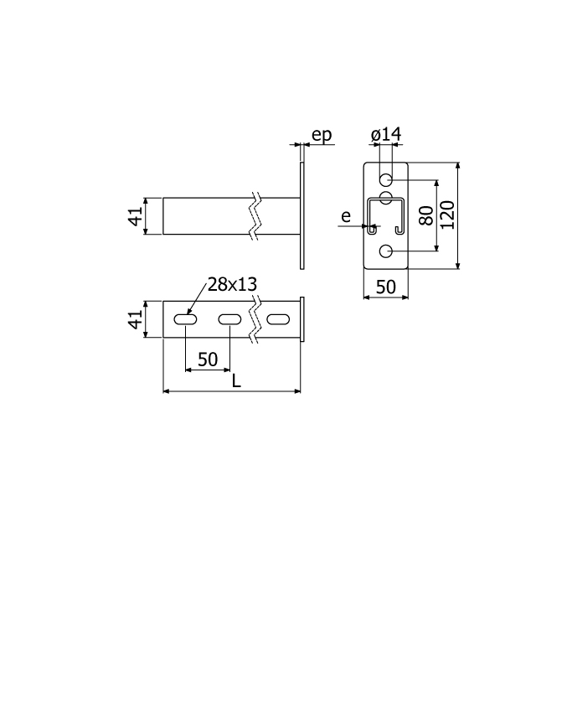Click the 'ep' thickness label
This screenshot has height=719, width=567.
[x=322, y=135]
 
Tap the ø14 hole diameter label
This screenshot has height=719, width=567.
[x=386, y=134]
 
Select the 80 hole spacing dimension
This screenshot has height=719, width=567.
[x=426, y=215]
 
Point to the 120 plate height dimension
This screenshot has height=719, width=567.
[x=447, y=215]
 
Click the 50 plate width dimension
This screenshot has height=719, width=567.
[x=385, y=287]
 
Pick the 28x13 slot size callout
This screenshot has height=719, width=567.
[x=232, y=284]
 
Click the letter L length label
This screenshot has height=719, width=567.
[x=236, y=380]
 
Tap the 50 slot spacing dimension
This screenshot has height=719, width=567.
[x=208, y=359]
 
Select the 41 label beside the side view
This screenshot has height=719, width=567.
[x=135, y=216]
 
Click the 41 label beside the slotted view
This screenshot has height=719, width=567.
[x=135, y=319]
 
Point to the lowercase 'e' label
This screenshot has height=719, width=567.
[x=346, y=216]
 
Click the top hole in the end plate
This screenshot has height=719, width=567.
[x=386, y=178]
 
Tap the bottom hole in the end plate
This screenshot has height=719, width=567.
[x=386, y=251]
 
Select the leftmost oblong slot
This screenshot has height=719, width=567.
[x=185, y=319]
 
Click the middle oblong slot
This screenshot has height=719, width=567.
[x=229, y=319]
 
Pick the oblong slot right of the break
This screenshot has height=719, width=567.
[x=278, y=319]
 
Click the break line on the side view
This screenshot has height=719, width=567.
[x=255, y=216]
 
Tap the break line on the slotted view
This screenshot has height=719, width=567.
[x=255, y=319]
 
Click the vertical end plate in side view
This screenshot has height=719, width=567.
[x=302, y=215]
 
